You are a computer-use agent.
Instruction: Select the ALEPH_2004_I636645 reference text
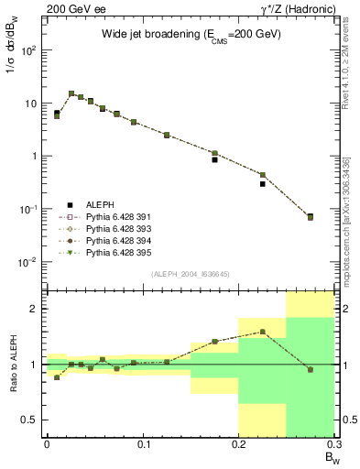pos(190,274)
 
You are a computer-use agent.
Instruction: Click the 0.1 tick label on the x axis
pos(142,444)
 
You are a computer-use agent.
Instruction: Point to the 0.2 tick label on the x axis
pos(238,444)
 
